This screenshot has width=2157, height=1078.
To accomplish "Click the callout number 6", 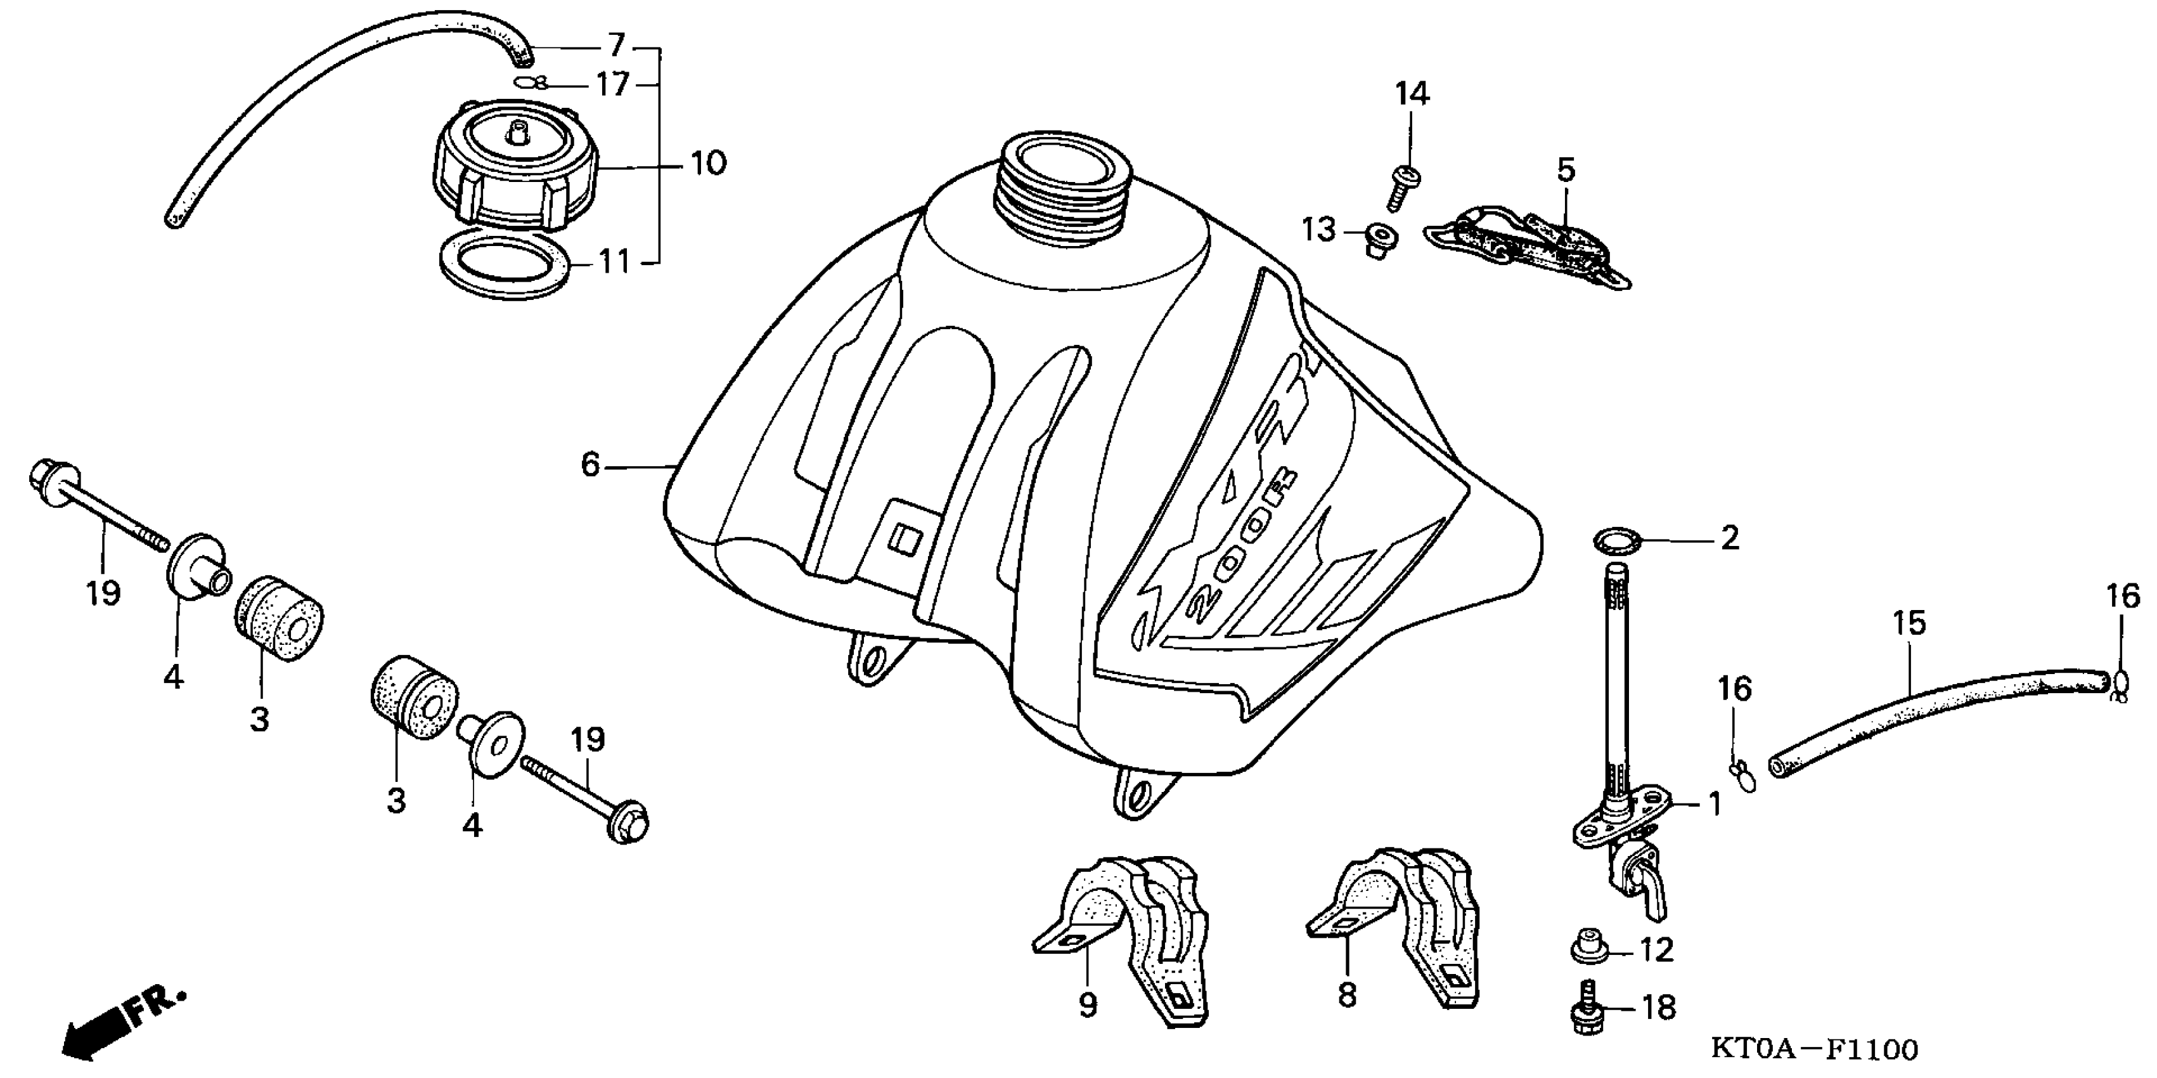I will pyautogui.click(x=590, y=464).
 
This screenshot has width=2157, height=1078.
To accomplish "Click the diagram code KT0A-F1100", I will pyautogui.click(x=1813, y=1047).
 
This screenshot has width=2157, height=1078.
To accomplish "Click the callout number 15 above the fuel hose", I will pyautogui.click(x=1909, y=623).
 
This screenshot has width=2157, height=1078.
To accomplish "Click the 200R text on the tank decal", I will pyautogui.click(x=1239, y=545).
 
